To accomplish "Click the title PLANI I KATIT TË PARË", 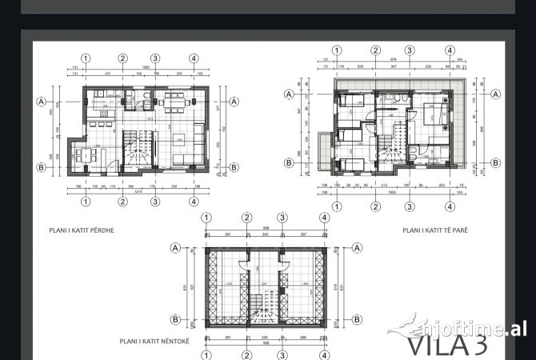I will pos(434,230).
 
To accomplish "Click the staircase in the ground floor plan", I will pos(134,150).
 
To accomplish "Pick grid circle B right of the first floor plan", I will pos(494,162).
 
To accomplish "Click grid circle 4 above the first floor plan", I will pos(450,50).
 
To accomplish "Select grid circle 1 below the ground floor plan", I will pos(86,201).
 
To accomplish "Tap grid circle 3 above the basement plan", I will pos(282,218).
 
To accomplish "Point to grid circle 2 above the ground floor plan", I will pos(123,58).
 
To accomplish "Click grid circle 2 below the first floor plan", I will pos(374,206).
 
